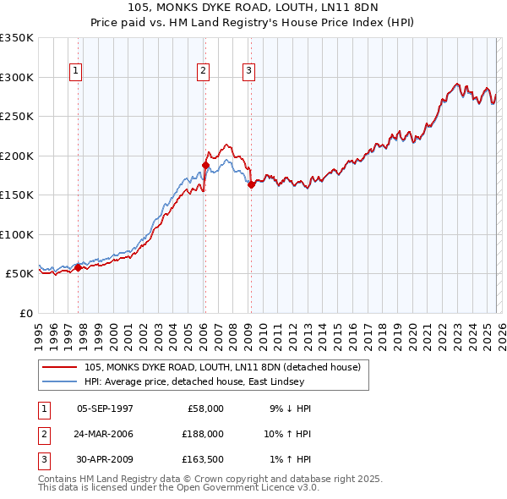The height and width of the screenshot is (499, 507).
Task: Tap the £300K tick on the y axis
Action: pyautogui.click(x=17, y=77)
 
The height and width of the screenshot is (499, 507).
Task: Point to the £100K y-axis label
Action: pyautogui.click(x=17, y=234)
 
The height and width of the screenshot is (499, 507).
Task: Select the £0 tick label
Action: pyautogui.click(x=26, y=313)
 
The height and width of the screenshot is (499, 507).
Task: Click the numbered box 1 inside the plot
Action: pyautogui.click(x=76, y=72)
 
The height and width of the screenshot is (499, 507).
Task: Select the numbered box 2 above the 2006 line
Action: pyautogui.click(x=204, y=72)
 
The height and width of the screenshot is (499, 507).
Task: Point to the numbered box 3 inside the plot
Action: pyautogui.click(x=250, y=72)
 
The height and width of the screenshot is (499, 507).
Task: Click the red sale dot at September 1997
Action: pyautogui.click(x=79, y=268)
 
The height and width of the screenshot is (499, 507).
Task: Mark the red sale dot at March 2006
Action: pyautogui.click(x=205, y=166)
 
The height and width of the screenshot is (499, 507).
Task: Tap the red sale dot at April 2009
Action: pyautogui.click(x=251, y=184)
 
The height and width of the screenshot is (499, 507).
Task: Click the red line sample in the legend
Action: pyautogui.click(x=60, y=367)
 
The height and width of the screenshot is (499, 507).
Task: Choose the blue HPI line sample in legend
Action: pyautogui.click(x=60, y=381)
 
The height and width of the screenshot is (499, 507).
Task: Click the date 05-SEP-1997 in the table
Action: pyautogui.click(x=105, y=409)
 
